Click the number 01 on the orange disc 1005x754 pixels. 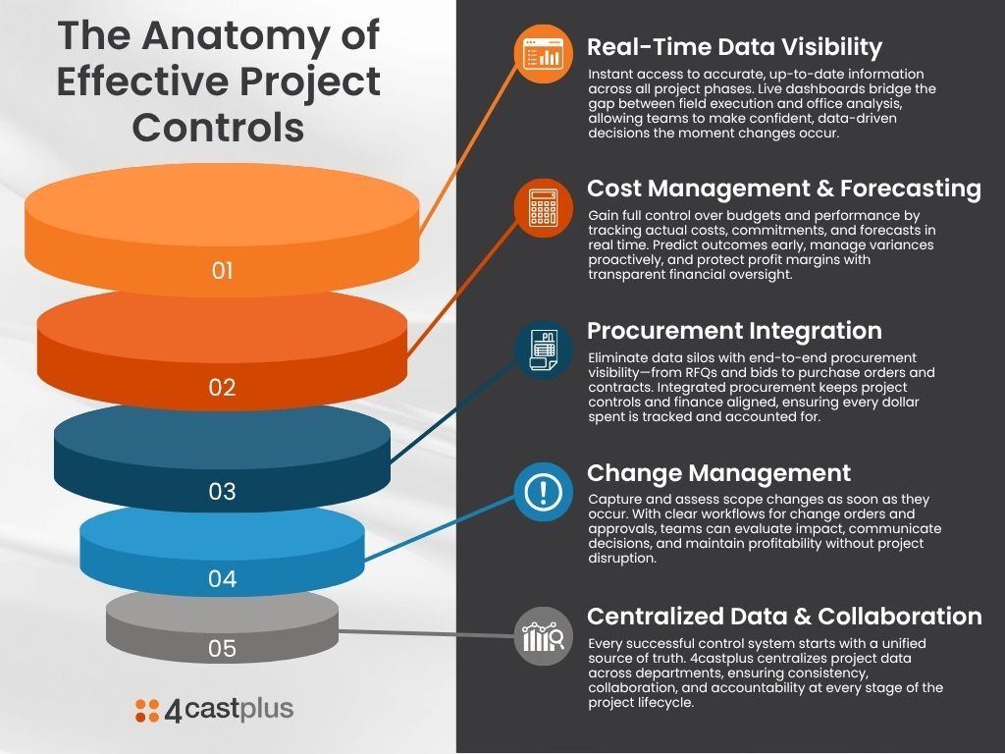(223, 270)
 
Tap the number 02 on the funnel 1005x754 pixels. (223, 387)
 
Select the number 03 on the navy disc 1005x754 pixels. (223, 491)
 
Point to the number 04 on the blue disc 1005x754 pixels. (223, 578)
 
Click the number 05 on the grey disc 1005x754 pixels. (223, 648)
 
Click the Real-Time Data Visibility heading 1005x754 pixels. (734, 47)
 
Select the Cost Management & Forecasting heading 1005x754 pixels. (783, 188)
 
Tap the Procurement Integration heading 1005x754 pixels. (734, 331)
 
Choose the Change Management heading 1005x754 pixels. (718, 474)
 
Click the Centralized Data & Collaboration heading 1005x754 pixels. (783, 617)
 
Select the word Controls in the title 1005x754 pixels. (218, 127)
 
